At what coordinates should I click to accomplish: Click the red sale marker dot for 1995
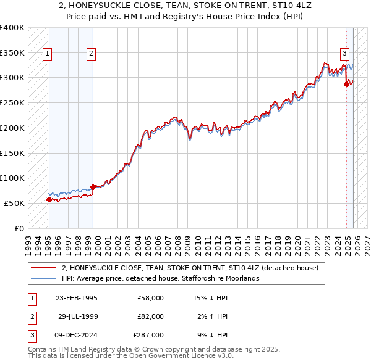pos(49,199)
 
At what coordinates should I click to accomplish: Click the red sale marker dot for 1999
pos(93,187)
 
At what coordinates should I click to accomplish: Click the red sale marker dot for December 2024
pos(347,84)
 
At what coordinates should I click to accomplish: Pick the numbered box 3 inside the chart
pos(344,53)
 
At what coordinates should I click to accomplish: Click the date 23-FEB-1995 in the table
pos(76,298)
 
